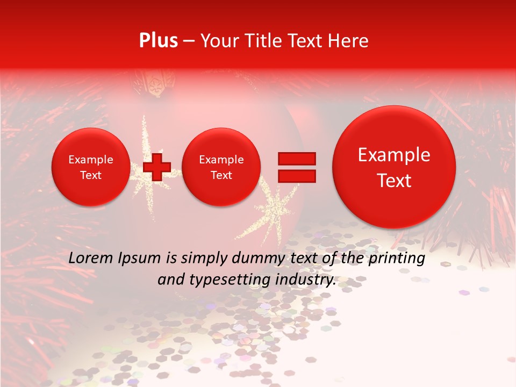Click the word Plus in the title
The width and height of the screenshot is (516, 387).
158,41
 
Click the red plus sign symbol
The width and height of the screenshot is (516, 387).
157,167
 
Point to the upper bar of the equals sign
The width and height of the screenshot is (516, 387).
297,158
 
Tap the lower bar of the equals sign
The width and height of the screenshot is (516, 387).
297,176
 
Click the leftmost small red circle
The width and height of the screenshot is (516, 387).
90,167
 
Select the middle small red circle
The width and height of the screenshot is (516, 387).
221,167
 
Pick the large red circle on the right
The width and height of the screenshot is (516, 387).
394,167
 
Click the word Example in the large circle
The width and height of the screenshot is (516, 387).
394,155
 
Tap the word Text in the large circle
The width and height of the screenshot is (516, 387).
394,181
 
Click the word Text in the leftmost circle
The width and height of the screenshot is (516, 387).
90,175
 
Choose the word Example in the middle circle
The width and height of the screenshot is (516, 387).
221,160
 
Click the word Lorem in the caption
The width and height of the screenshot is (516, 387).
90,258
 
